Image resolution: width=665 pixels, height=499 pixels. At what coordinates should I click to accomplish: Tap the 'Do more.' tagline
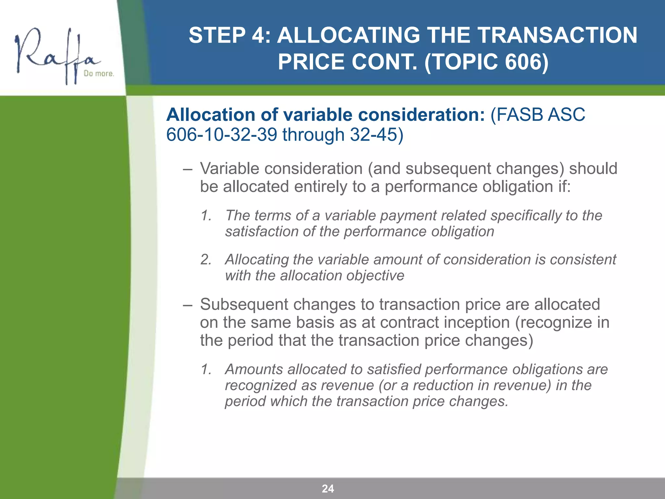coord(99,74)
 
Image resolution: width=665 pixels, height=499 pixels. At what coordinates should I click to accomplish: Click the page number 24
coord(328,488)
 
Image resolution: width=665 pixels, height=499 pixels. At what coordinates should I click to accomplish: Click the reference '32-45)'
coord(376,134)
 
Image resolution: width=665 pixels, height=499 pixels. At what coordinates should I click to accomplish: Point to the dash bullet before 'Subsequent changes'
coord(187,305)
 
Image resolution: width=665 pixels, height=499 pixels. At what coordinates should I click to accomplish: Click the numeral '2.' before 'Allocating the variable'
coord(206,260)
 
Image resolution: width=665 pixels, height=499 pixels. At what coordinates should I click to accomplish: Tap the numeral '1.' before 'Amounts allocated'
coord(206,369)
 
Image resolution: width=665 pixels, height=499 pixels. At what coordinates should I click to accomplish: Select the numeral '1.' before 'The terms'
coord(206,215)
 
